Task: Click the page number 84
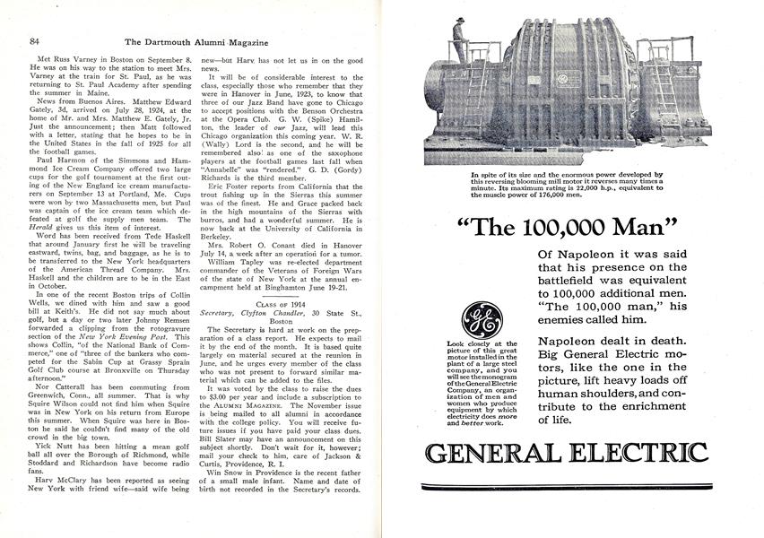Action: coord(35,16)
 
